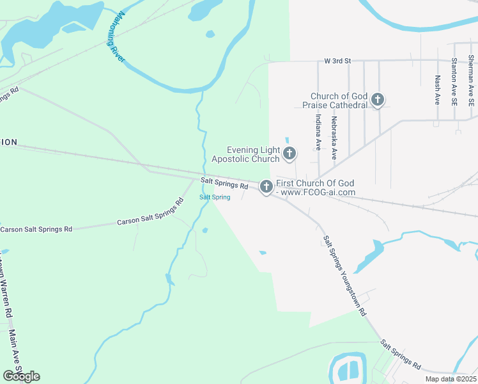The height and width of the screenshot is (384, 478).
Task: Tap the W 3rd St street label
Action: click(x=338, y=61)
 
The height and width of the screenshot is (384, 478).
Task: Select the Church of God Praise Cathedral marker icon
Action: click(x=378, y=99)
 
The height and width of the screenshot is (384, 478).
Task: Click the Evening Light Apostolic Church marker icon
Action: click(x=289, y=153)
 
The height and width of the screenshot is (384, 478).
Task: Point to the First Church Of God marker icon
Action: click(x=266, y=187)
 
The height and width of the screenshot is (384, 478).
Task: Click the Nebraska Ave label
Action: click(x=334, y=137)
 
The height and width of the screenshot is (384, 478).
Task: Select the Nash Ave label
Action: click(x=438, y=90)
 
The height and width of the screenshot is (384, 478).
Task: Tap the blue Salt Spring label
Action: click(x=215, y=197)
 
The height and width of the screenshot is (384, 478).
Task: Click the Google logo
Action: click(x=21, y=376)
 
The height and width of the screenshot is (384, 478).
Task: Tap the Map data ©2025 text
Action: click(x=451, y=379)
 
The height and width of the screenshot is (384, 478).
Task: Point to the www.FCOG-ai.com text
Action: click(x=318, y=192)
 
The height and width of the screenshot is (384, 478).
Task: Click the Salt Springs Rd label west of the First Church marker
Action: click(x=224, y=184)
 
